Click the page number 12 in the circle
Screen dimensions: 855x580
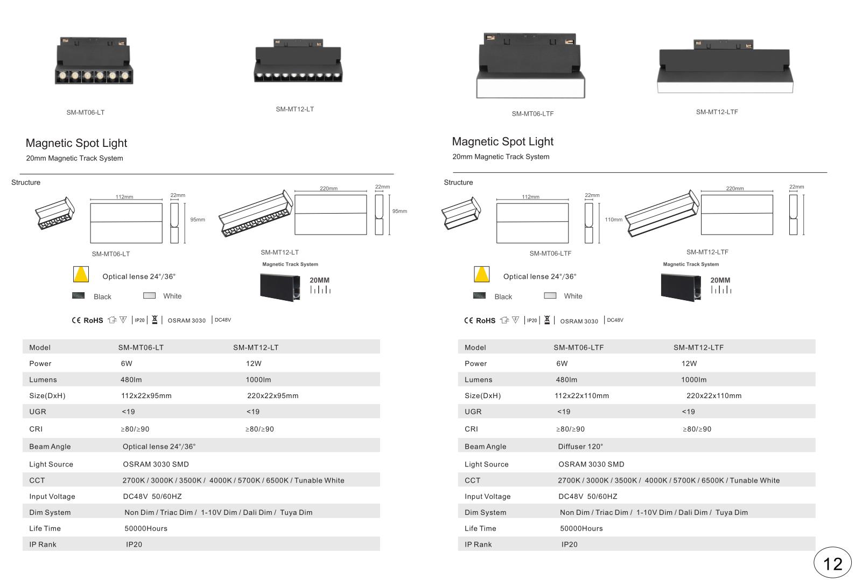832,564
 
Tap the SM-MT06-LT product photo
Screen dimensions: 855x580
94,61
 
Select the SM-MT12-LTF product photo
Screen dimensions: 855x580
725,66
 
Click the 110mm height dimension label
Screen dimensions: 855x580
613,220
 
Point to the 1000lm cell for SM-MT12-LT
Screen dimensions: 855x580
258,379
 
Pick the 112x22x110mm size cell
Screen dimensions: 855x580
581,396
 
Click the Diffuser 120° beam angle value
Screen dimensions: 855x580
580,447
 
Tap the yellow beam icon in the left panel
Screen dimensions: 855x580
81,274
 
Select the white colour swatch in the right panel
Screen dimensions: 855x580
550,295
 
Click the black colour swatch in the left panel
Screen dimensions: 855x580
78,295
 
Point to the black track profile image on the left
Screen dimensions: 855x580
280,287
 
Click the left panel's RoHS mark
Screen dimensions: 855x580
93,320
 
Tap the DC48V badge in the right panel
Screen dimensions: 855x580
615,320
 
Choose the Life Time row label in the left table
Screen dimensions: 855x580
45,528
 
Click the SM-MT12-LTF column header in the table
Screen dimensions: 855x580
698,348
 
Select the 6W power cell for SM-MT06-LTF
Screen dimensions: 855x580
562,363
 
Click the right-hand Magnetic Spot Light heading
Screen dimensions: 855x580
502,142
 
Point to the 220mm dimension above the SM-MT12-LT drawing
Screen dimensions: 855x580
328,188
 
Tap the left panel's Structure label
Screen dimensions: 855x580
25,182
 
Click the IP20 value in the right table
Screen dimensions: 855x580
569,544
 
